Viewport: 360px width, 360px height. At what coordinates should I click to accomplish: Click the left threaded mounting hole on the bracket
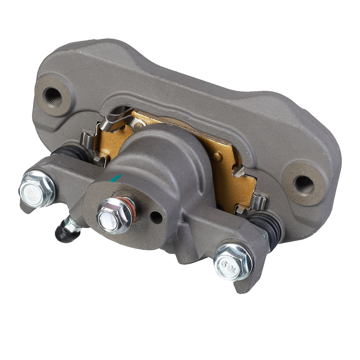coord(53,97)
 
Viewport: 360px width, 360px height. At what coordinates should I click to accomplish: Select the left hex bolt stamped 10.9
coord(37,189)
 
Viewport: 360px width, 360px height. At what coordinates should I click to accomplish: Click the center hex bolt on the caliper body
coord(115,215)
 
